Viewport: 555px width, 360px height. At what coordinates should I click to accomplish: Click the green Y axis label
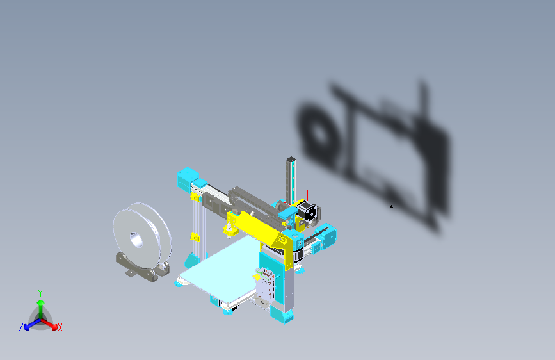(40, 292)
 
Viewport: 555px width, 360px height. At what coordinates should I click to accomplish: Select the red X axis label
(60, 328)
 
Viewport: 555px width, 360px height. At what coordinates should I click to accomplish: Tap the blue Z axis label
(21, 327)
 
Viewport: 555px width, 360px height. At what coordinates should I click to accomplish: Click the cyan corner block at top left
(188, 178)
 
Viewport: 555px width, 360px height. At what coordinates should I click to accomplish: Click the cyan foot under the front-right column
(282, 315)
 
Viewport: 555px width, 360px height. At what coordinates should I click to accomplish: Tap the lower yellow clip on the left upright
(193, 238)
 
